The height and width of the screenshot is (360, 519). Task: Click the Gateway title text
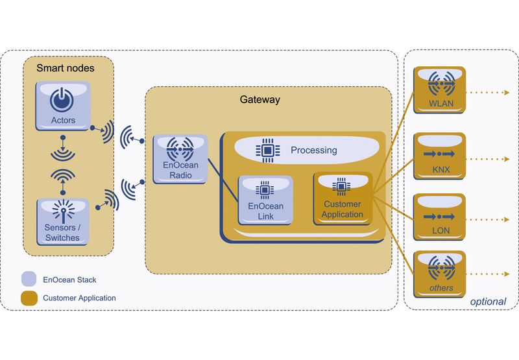[x=259, y=100]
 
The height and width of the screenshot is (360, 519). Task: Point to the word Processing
[x=313, y=150]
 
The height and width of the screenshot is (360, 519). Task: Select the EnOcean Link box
[x=265, y=200]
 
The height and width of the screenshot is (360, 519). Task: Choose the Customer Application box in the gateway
[x=342, y=198]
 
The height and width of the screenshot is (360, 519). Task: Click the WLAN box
[x=440, y=91]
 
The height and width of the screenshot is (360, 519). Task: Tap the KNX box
[x=440, y=158]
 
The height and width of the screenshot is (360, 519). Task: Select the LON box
[x=440, y=217]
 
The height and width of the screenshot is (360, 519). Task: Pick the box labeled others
[x=440, y=272]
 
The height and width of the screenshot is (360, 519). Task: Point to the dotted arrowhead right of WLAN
[x=507, y=93]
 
